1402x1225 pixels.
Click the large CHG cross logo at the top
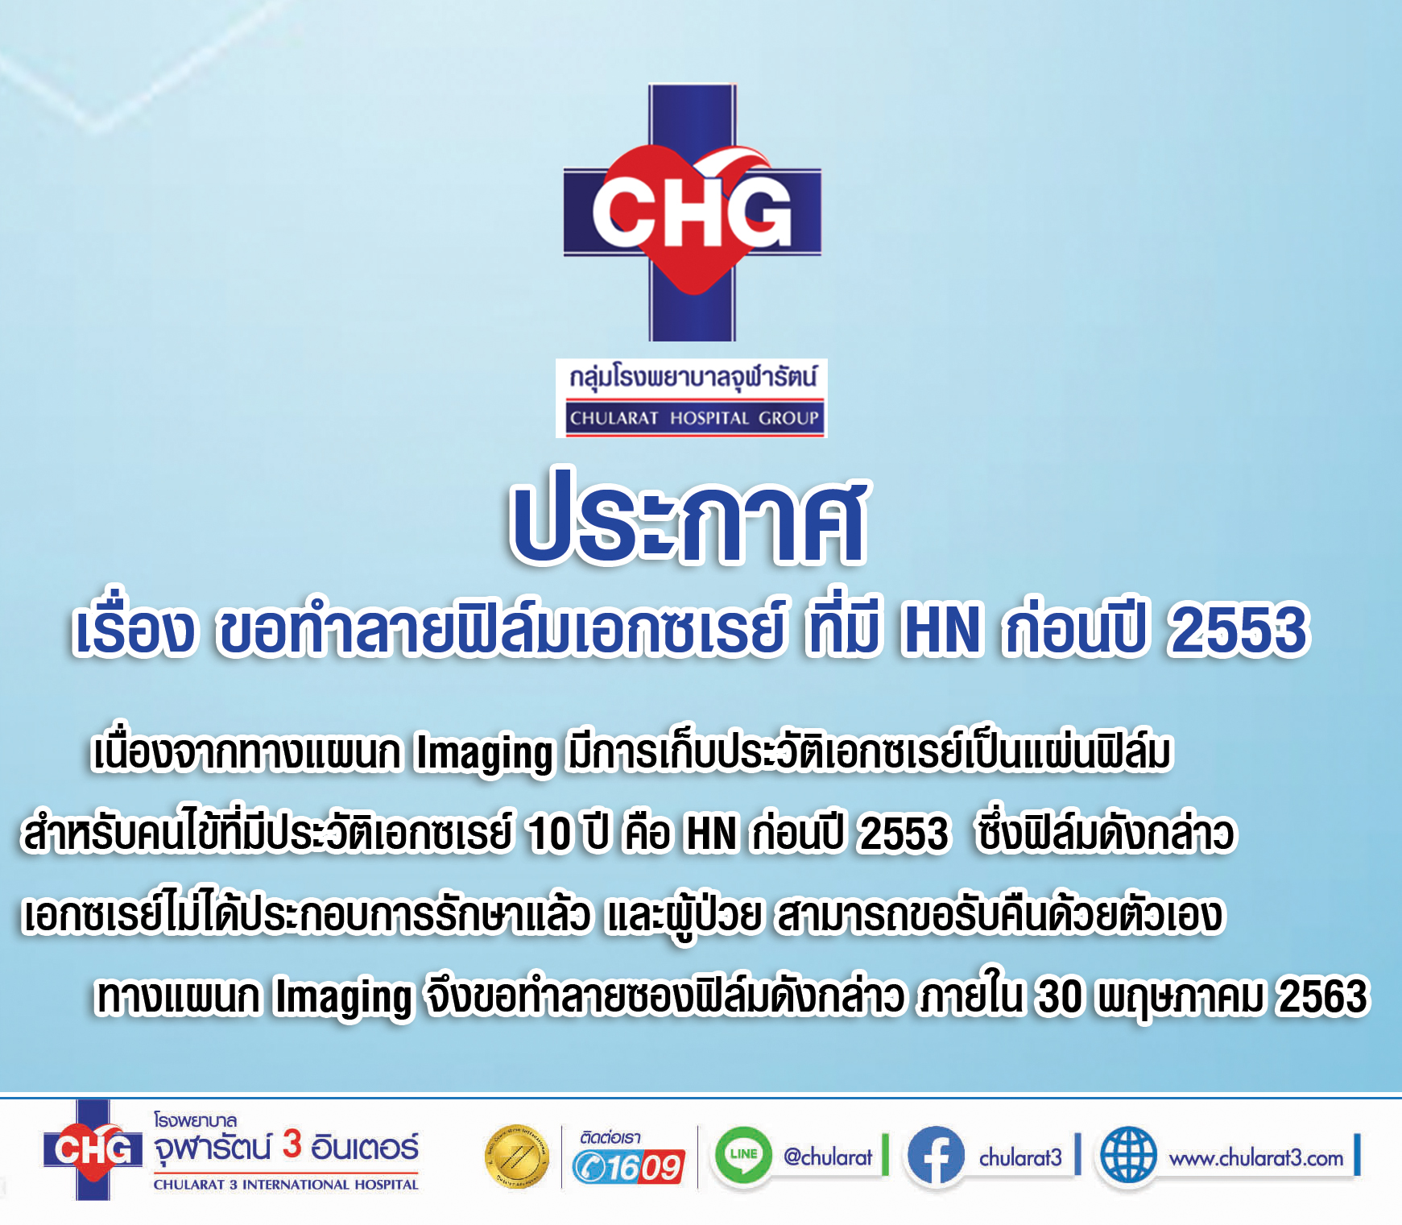click(x=693, y=212)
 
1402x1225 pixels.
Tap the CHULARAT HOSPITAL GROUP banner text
click(x=693, y=418)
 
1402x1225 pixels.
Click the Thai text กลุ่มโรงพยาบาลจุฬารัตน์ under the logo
click(x=693, y=377)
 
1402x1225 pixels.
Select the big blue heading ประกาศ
click(x=690, y=518)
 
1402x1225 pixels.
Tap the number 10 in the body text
click(x=549, y=833)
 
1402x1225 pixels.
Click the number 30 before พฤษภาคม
click(x=1060, y=996)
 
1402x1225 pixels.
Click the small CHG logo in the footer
click(x=93, y=1150)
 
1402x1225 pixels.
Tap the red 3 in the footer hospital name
click(x=292, y=1144)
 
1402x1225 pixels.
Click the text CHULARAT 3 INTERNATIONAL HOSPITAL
click(x=286, y=1185)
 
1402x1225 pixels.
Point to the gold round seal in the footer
click(x=516, y=1157)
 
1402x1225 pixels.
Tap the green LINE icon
click(x=742, y=1155)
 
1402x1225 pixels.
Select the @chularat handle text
click(x=828, y=1157)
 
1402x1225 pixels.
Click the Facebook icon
click(x=936, y=1155)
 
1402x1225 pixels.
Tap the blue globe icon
click(x=1128, y=1156)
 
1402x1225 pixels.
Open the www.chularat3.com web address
click(x=1256, y=1158)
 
